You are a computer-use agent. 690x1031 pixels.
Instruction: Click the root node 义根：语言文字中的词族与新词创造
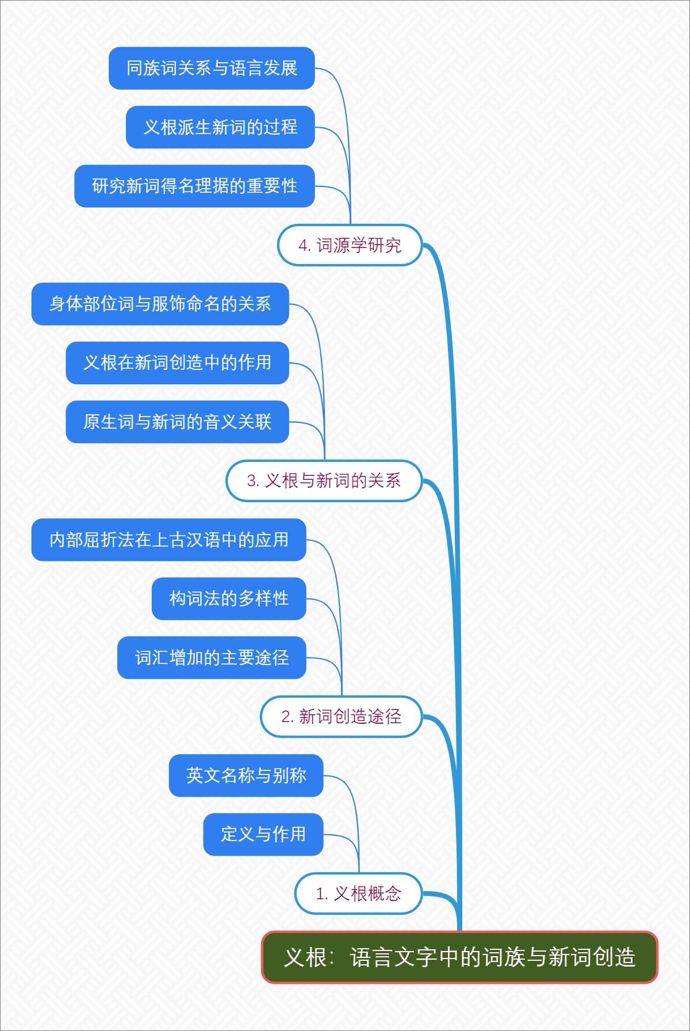pos(459,957)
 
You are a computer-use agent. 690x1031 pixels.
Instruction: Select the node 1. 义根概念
pos(358,893)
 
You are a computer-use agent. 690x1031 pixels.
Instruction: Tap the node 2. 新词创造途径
pos(341,716)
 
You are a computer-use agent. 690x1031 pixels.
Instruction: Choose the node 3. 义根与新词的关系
pos(324,480)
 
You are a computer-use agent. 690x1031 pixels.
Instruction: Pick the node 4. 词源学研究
pos(350,245)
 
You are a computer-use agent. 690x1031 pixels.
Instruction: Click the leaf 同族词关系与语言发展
pos(212,68)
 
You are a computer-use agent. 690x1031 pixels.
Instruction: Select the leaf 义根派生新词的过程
pos(220,127)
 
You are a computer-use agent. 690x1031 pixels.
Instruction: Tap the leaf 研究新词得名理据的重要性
pos(194,186)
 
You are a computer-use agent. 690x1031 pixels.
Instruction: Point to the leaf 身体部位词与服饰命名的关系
pos(160,304)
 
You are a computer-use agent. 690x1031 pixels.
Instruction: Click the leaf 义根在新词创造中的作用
pos(177,362)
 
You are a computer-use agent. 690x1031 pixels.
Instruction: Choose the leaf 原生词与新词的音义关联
pos(177,422)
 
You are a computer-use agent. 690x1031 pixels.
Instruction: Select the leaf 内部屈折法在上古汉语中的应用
pos(168,540)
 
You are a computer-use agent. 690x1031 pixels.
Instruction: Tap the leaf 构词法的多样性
pos(229,598)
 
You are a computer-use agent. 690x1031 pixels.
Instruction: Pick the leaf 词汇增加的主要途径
pos(212,658)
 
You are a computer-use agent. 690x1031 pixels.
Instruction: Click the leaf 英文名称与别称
pos(246,776)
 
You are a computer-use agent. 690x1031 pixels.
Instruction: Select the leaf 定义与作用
pos(263,834)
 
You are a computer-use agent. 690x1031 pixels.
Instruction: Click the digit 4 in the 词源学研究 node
pos(302,246)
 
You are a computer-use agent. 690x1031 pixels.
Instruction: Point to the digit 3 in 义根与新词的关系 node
pos(251,481)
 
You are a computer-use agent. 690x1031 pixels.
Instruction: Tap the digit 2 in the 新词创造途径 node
pos(285,717)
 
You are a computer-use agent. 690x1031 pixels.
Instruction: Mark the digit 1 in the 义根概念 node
pos(320,894)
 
